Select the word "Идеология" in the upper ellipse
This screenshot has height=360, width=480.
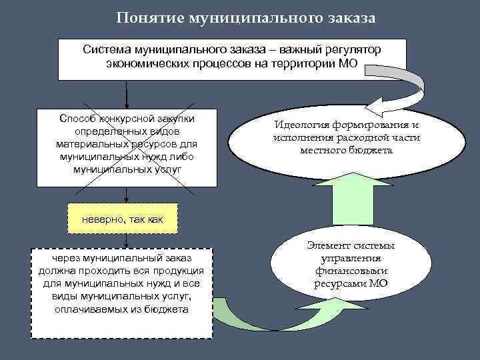(x=307, y=125)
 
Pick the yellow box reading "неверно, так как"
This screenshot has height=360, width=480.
(x=122, y=219)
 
